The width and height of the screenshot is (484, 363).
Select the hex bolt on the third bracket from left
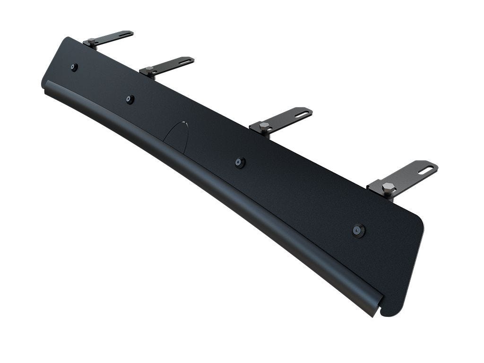pyautogui.click(x=264, y=126)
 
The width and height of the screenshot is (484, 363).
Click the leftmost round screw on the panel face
pyautogui.click(x=74, y=67)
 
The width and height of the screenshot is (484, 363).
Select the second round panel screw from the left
pyautogui.click(x=130, y=99)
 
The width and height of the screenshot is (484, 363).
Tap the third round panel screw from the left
pyautogui.click(x=240, y=162)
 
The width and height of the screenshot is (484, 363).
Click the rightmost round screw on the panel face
pyautogui.click(x=359, y=231)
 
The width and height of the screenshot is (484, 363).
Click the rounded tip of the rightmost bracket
pyautogui.click(x=434, y=166)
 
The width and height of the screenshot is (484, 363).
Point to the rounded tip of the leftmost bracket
pyautogui.click(x=131, y=33)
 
